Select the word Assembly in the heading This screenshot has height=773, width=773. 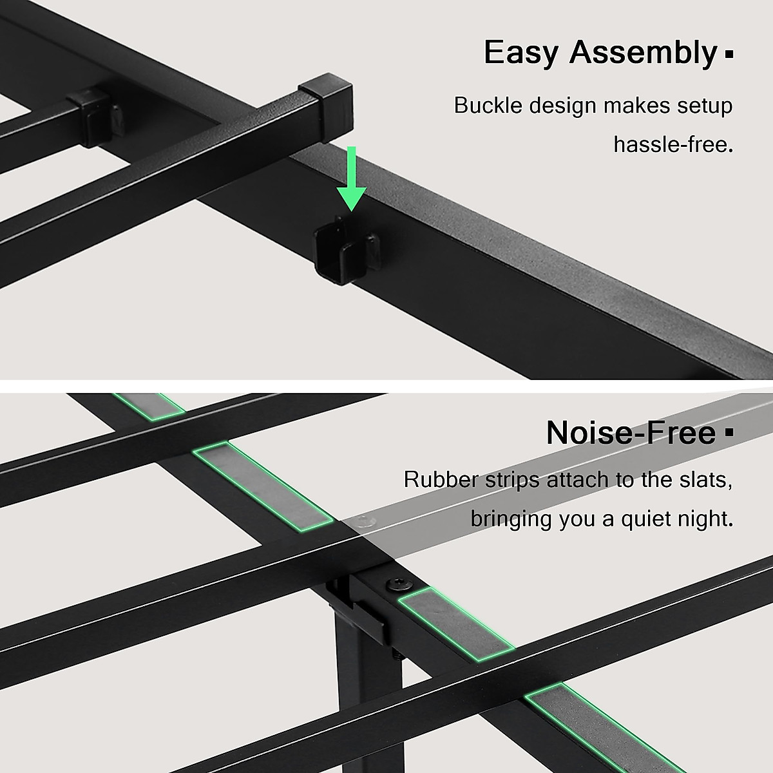coord(642,53)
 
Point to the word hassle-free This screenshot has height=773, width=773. coord(673,144)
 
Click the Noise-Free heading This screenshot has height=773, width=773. coord(631,433)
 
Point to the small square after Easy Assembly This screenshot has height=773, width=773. coord(729,55)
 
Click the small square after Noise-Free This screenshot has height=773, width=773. coord(729,434)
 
